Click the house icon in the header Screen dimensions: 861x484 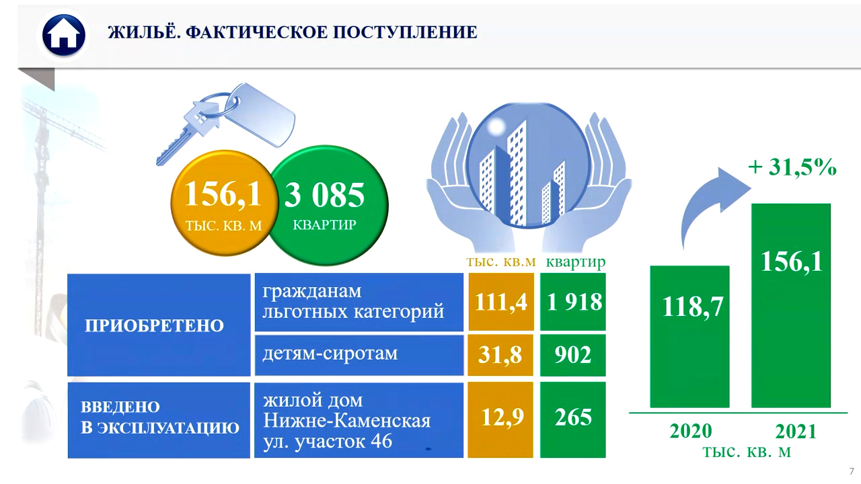click(x=64, y=36)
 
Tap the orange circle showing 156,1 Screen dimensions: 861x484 click(x=224, y=203)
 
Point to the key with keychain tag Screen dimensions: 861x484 click(x=226, y=122)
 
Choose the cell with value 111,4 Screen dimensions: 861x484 click(x=501, y=302)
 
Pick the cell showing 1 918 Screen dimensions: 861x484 click(x=573, y=302)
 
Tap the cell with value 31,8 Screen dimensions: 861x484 click(x=500, y=355)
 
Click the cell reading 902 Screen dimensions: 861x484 click(x=573, y=355)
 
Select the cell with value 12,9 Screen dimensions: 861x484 click(x=500, y=420)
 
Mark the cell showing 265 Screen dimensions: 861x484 click(x=573, y=420)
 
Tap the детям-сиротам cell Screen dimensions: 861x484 click(x=359, y=355)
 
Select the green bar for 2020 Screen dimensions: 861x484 click(x=689, y=337)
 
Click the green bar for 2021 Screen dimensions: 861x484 click(x=791, y=305)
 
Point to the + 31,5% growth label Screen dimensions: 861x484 click(x=792, y=167)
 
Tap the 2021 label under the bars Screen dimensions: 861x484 click(x=796, y=432)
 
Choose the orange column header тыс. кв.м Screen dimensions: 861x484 click(x=501, y=262)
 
